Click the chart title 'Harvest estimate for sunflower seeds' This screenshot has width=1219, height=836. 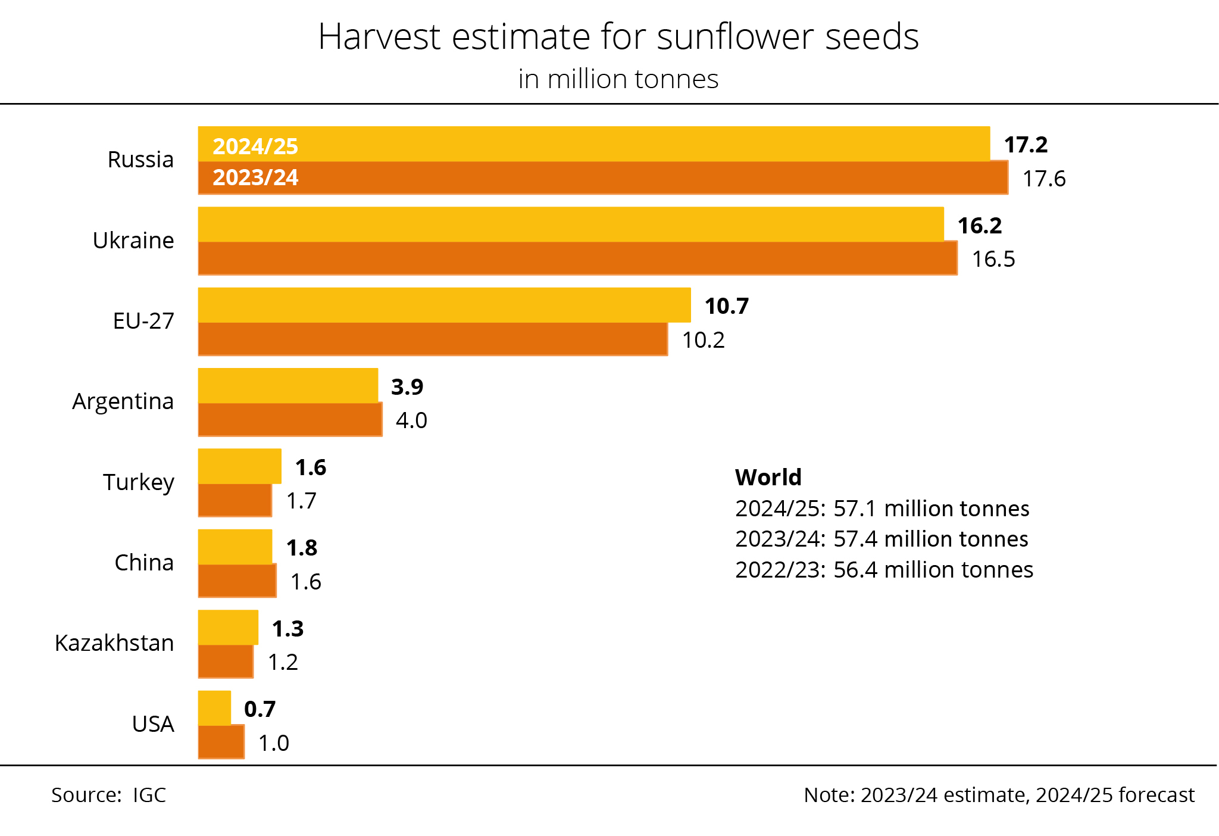618,37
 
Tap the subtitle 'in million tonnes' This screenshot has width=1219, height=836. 618,79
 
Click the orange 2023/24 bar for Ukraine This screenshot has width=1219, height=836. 577,258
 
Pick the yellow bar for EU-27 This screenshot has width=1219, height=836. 444,305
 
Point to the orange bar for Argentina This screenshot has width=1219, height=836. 290,420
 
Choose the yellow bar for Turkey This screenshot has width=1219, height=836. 239,466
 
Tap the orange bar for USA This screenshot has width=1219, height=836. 221,743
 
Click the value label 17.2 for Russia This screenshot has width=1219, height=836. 1026,145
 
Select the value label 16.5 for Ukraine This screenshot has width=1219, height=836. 993,259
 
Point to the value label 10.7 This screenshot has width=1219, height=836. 726,306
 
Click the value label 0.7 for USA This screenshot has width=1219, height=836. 260,709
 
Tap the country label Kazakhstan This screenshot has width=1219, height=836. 114,643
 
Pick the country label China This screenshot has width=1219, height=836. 144,563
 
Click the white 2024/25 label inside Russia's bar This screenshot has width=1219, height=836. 255,146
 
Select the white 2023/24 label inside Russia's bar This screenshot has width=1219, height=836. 255,177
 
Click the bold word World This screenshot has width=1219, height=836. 768,478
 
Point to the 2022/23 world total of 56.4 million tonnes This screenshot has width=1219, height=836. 884,570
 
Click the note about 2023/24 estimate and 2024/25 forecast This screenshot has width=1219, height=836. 999,795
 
